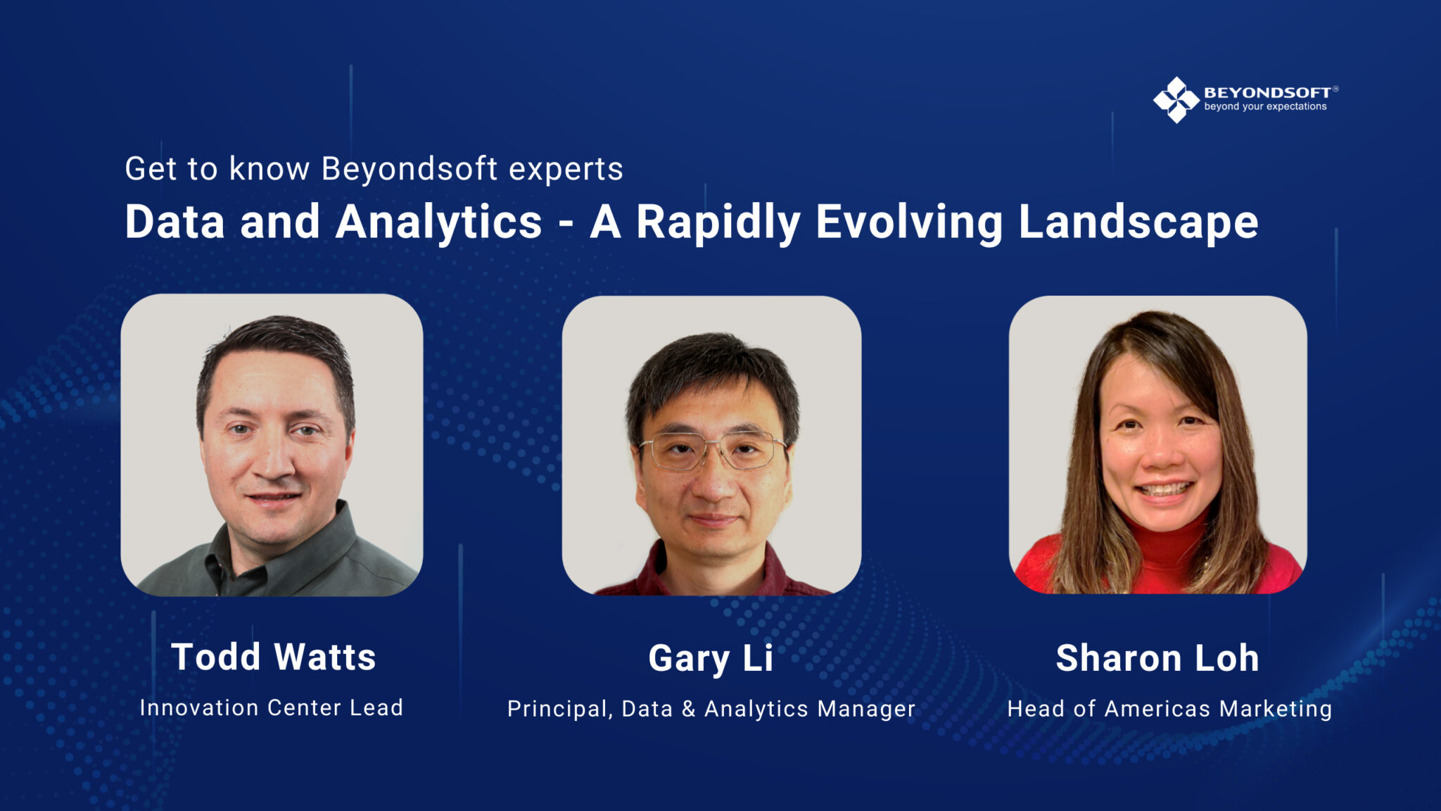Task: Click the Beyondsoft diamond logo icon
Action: coord(1176,100)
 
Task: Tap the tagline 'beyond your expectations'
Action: coord(1265,107)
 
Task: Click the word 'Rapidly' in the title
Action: coord(718,222)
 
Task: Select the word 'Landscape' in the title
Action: coord(1138,222)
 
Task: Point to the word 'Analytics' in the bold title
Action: coord(438,222)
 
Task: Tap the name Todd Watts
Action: coord(273,657)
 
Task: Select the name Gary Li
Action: coord(711,659)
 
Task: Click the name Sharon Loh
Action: coord(1157,658)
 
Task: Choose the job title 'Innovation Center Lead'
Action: coord(272,708)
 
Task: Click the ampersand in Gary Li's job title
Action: coord(689,709)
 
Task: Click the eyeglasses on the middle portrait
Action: coord(712,451)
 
